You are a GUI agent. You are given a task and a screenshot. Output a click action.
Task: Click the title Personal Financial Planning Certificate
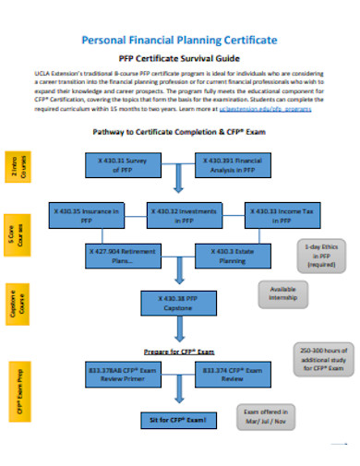pos(179,41)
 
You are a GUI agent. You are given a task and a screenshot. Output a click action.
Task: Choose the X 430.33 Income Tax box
pos(274,216)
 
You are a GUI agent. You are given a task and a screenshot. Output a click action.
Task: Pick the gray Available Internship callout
pos(282,293)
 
